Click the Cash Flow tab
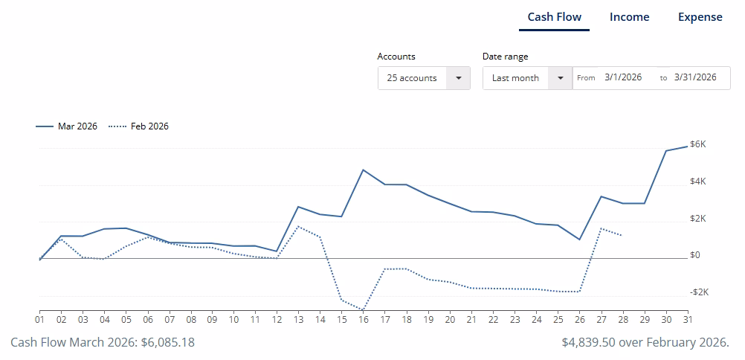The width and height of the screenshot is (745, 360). click(x=554, y=17)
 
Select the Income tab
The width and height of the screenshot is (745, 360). click(x=629, y=17)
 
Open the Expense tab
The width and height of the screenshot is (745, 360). click(x=700, y=17)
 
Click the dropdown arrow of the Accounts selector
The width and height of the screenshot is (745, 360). click(x=458, y=78)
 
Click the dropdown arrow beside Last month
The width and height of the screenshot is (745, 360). click(x=560, y=78)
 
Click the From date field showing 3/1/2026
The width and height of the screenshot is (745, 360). click(x=622, y=77)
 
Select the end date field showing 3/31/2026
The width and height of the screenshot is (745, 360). click(x=694, y=77)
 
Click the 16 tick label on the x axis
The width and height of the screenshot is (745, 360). click(x=363, y=319)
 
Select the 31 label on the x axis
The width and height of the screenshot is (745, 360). click(x=686, y=319)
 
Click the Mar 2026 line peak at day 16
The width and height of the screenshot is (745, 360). click(x=363, y=170)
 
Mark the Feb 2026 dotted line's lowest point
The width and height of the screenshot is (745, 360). click(x=363, y=309)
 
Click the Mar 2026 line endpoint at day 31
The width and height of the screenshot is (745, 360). click(x=686, y=147)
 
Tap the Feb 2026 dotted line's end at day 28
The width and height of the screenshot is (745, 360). click(x=622, y=235)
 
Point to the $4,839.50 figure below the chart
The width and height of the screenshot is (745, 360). click(x=590, y=342)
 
